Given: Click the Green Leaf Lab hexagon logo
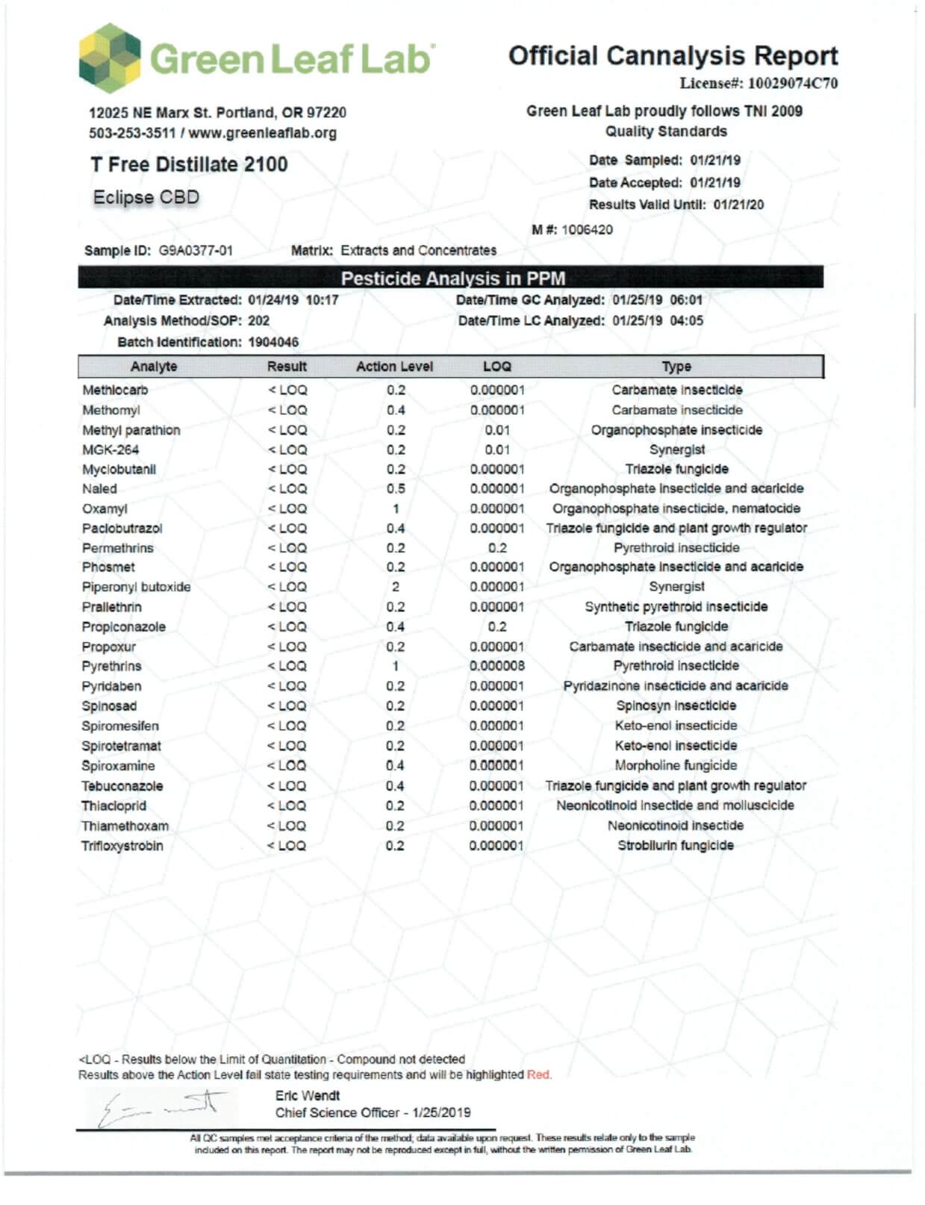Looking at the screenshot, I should click(109, 57).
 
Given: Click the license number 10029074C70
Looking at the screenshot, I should click(792, 84).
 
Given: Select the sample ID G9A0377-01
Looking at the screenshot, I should click(196, 251).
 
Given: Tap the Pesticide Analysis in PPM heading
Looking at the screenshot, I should click(452, 278).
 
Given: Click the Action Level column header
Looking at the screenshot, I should click(394, 367).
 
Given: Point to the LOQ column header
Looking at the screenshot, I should click(496, 367).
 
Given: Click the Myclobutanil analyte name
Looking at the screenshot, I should click(119, 470).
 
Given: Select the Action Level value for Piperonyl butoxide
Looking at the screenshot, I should click(396, 587).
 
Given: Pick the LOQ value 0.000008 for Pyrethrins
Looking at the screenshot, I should click(497, 666).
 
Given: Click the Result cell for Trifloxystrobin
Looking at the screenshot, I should click(287, 846).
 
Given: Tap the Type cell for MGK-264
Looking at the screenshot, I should click(676, 449).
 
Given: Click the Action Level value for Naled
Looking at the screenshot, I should click(396, 489).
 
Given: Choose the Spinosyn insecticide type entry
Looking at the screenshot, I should click(676, 706).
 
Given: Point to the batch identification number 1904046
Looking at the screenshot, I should click(273, 342).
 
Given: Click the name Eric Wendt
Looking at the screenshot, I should click(308, 1096).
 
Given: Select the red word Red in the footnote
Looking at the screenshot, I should click(538, 1075).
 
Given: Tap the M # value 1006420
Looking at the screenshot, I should click(587, 229).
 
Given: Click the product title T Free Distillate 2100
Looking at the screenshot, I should click(189, 164).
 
